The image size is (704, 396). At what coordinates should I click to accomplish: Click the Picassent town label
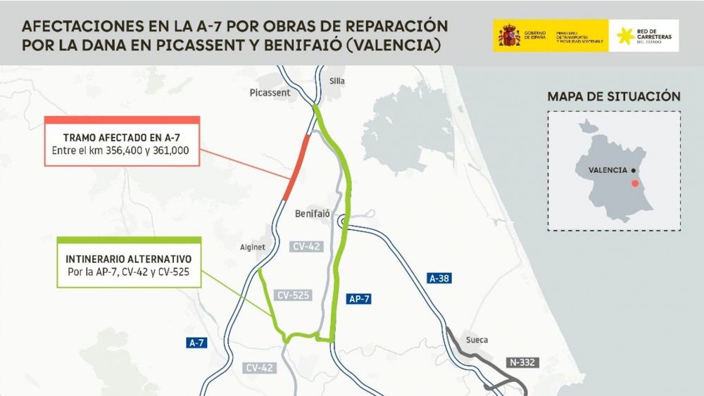coord(270,92)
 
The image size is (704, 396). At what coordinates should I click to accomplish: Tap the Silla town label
coord(337,81)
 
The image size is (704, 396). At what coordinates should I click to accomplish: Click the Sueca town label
coord(477,340)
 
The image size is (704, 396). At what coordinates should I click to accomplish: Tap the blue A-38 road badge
coord(440,279)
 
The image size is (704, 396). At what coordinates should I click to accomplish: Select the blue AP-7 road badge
coord(359,299)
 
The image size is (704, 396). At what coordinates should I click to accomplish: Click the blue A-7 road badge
coord(197,343)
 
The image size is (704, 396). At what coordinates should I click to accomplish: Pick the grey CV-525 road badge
coord(294,295)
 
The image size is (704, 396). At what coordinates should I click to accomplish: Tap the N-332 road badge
coord(522,363)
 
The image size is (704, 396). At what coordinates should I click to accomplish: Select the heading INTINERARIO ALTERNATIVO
coord(129,257)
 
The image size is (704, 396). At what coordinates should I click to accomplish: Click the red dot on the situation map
coord(636,183)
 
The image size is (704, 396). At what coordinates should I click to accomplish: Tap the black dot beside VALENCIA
coord(634,170)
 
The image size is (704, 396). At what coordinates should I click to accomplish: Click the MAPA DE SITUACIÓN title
coord(614,96)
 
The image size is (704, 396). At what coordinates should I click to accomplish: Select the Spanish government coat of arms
coord(508,35)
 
